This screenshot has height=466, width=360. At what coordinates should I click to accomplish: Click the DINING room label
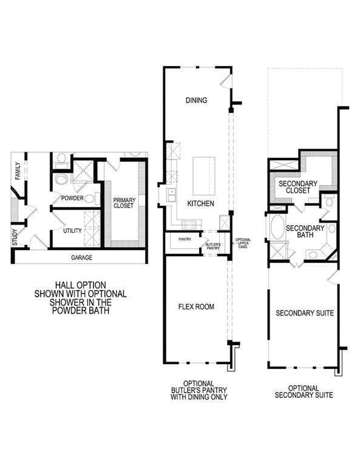click(197, 101)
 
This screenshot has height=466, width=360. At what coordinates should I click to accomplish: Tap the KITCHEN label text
click(200, 204)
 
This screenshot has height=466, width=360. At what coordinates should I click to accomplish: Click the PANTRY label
click(185, 239)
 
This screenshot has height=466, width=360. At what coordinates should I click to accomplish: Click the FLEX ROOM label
click(197, 307)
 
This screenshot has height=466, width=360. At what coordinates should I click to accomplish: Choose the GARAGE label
click(81, 258)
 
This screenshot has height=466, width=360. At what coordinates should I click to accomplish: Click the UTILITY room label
click(72, 231)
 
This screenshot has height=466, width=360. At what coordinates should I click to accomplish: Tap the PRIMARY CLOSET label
click(124, 203)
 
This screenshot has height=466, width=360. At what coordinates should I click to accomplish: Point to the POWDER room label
click(72, 198)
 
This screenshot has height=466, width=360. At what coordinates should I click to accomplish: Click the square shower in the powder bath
click(83, 168)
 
